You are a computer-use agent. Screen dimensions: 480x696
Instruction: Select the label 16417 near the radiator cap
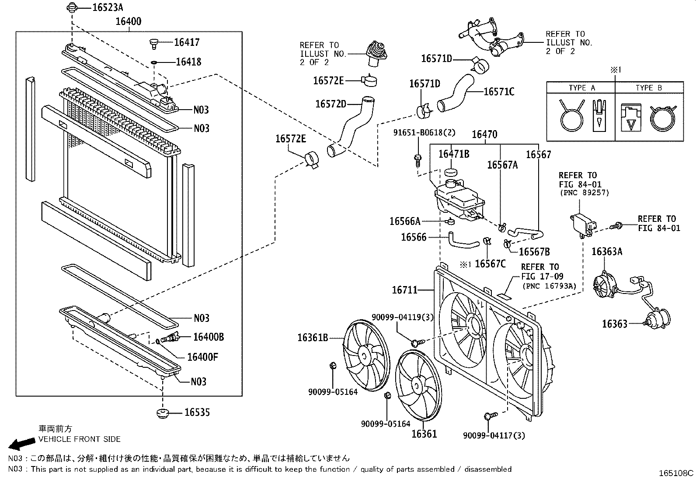pos(187,42)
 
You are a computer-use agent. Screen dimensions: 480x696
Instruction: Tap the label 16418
pos(188,62)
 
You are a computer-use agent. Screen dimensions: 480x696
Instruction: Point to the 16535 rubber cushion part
pos(163,413)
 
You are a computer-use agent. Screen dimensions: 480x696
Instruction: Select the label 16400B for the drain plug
pos(209,337)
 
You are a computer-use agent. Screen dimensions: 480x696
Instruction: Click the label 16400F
pos(202,357)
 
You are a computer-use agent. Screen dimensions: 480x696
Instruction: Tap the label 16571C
pos(499,92)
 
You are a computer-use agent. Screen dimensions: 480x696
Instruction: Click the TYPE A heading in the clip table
pos(581,88)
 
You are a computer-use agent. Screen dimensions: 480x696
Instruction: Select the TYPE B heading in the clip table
pos(648,88)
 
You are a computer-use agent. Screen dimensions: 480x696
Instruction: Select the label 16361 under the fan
pos(424,434)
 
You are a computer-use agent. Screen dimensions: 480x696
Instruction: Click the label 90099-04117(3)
pos(494,435)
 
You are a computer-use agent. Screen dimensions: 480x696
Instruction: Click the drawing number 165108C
pos(676,473)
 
